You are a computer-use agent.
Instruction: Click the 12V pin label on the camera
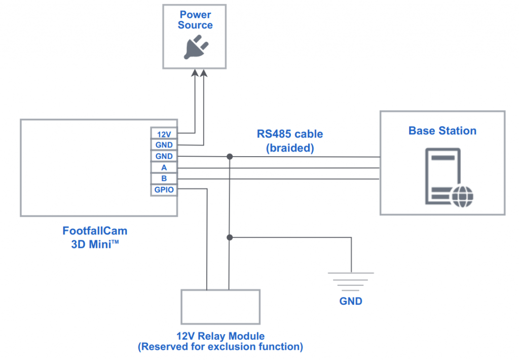[164, 134]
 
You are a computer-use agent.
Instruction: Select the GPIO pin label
[164, 190]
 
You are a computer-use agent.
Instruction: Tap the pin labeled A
[164, 168]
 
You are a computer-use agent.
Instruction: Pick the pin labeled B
[164, 179]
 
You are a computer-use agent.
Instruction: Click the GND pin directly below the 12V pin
[164, 145]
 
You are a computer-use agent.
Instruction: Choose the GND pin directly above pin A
[164, 157]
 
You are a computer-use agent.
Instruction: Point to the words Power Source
[195, 20]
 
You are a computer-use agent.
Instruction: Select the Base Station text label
[442, 131]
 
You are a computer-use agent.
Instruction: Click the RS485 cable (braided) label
[289, 140]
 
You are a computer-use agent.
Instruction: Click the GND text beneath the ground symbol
[351, 301]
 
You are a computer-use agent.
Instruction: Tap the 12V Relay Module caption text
[220, 336]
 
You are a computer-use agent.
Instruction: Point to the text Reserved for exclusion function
[220, 347]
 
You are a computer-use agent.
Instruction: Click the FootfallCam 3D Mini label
[95, 236]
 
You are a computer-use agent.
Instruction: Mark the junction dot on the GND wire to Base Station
[230, 157]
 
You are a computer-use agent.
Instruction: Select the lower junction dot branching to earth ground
[230, 237]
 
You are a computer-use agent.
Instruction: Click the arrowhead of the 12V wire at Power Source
[194, 73]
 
